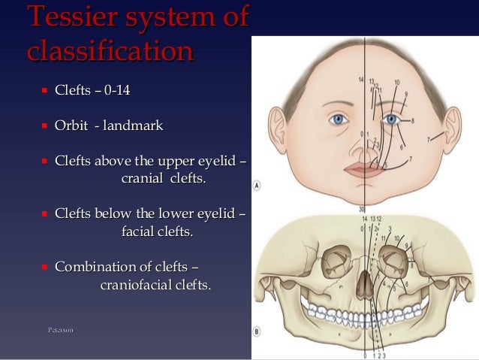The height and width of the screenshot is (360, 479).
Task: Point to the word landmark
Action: point(134,126)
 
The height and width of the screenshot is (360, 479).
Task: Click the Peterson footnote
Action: point(60,330)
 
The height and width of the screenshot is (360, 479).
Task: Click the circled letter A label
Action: point(258,185)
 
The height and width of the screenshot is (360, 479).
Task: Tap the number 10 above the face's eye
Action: point(397,82)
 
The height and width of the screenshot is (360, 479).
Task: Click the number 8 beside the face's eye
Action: point(412,120)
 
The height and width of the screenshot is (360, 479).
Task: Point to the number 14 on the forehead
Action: point(361,80)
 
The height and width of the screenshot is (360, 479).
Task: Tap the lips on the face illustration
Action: point(363,169)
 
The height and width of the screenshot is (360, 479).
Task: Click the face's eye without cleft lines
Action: point(339,119)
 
